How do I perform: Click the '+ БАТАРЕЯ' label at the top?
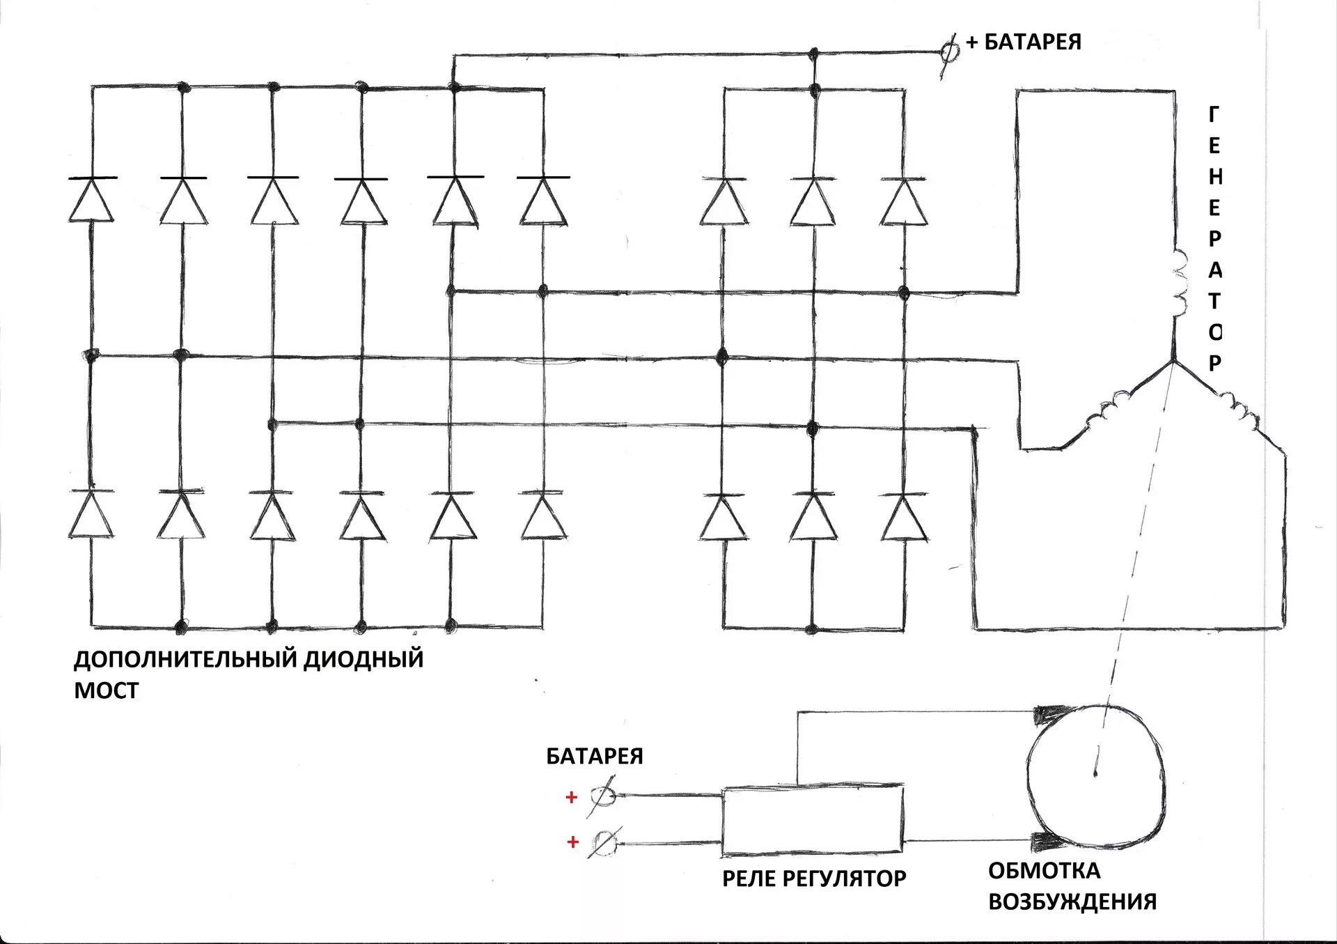1024,42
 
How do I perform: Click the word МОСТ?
107,690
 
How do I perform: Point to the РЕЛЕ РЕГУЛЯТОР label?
814,879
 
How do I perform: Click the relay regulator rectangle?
812,821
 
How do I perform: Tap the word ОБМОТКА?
1044,871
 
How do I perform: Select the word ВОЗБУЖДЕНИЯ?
1072,902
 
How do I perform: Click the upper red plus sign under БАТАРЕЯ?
572,797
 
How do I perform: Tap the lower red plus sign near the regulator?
572,842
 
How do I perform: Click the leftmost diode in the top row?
91,200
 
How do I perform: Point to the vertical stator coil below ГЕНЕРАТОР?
1178,282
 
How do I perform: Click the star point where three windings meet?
1173,362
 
